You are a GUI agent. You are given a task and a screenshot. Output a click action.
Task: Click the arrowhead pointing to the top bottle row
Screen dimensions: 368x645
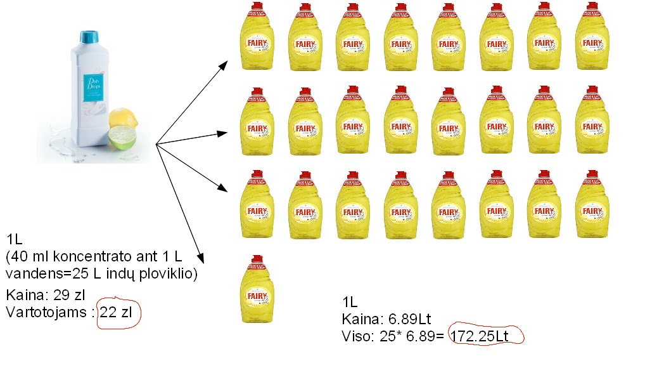click(225, 63)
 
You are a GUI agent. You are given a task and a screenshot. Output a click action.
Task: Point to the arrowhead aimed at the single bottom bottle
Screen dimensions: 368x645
click(201, 258)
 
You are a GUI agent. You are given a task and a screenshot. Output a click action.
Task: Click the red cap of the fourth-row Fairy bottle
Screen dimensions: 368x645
click(255, 258)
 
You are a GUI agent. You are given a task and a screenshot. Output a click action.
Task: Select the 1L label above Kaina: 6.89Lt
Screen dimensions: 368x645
click(350, 301)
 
